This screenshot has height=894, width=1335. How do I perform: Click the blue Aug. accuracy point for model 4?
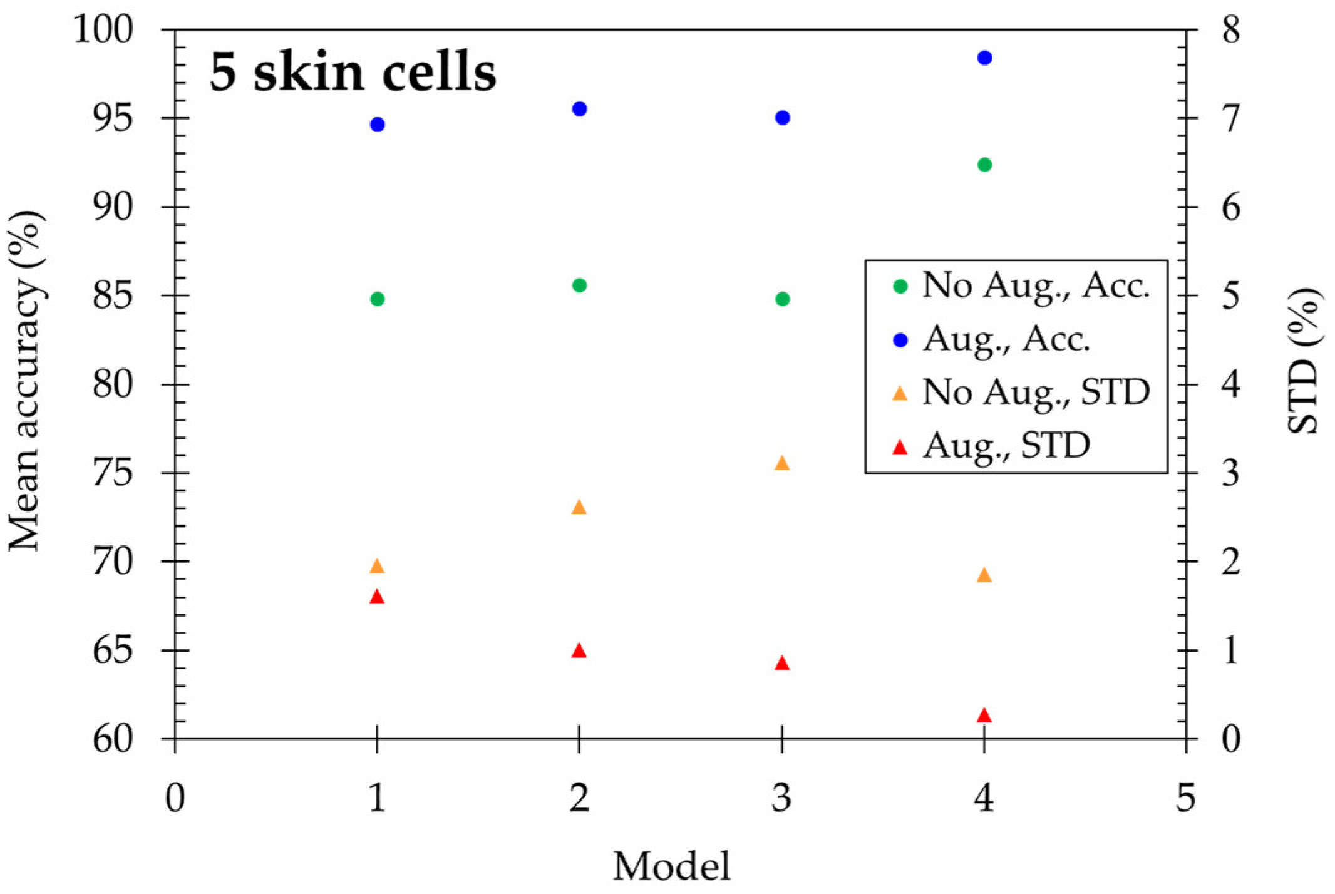point(984,58)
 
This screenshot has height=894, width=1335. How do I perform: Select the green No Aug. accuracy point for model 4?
point(984,165)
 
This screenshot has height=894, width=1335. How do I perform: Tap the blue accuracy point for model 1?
point(377,125)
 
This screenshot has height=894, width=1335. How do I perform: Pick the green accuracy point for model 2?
point(579,285)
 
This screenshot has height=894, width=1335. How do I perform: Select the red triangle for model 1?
point(376,597)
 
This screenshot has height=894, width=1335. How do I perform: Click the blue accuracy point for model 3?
point(782,118)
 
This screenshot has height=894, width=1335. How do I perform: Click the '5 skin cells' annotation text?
point(353,72)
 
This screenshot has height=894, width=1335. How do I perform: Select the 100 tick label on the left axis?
point(103,29)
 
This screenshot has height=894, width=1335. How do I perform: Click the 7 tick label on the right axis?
point(1230,118)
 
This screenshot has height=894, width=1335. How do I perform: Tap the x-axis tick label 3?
point(781,798)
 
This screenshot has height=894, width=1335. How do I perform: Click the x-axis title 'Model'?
point(671,866)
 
